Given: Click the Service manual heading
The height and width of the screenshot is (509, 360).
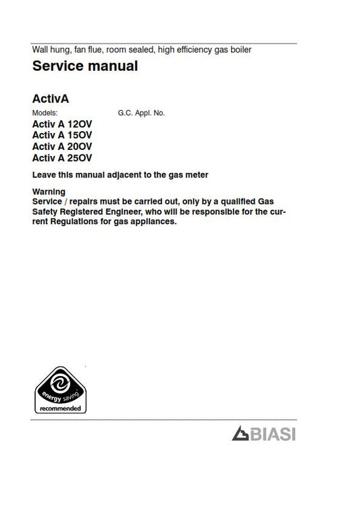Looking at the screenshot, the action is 85,66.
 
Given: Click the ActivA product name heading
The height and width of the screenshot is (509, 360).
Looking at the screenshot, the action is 51,99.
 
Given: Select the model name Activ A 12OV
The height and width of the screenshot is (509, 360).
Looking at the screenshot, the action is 63,124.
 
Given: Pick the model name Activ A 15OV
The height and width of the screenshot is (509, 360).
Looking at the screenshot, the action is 63,136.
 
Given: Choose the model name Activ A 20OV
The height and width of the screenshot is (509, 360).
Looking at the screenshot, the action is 63,147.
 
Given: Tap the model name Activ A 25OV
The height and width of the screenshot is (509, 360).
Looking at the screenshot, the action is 63,159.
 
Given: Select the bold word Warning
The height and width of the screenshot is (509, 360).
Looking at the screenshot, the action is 49,192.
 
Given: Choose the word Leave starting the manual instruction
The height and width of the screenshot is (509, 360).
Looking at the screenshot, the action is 44,176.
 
